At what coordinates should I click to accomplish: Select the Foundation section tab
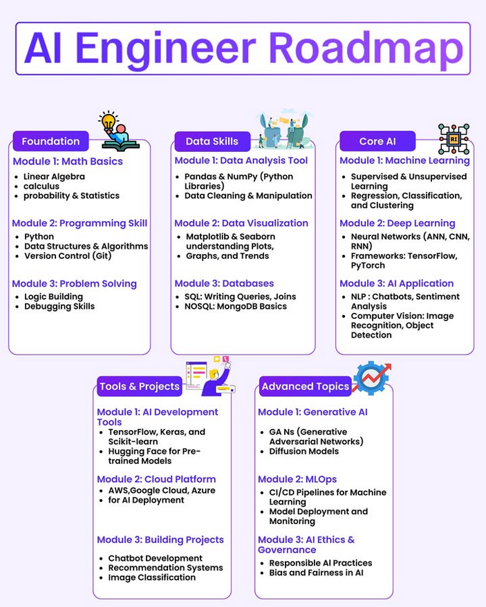coord(50,141)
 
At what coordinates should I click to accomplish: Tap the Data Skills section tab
coord(212,141)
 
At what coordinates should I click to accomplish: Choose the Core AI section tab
coord(377,141)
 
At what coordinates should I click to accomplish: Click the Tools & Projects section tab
coord(139,386)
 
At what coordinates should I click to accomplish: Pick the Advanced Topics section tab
coord(305,386)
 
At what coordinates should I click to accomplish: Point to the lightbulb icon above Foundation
coord(108,122)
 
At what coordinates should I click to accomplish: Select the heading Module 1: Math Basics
coord(68,162)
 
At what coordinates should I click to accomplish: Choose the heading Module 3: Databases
coord(224,283)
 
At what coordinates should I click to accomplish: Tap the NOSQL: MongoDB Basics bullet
coord(236,307)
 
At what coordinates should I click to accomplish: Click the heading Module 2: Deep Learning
coord(397,223)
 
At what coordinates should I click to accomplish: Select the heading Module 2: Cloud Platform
coord(156,479)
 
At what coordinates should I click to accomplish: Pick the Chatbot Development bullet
coord(155,558)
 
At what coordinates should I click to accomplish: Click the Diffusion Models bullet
coord(303,452)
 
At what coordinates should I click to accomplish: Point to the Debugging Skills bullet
coord(59,307)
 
